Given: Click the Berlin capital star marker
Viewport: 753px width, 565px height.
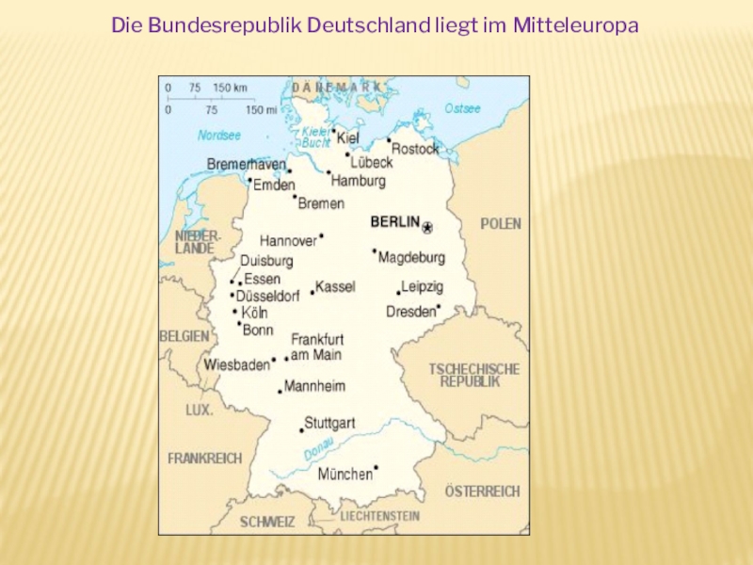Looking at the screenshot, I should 427,228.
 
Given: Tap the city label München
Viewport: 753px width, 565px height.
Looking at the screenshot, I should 344,475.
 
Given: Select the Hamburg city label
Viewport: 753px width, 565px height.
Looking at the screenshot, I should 359,180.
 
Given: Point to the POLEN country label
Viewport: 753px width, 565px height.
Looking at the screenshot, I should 501,224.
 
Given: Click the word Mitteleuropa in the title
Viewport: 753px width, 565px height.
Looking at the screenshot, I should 576,24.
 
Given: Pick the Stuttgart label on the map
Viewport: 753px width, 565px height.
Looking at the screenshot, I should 329,424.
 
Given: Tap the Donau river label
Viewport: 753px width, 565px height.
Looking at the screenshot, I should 319,452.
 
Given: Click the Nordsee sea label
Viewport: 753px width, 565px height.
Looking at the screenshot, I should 219,136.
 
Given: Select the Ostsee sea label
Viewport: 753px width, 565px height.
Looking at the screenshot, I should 462,108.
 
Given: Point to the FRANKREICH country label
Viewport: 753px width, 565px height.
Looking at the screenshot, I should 204,459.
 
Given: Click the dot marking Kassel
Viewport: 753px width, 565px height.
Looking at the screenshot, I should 312,293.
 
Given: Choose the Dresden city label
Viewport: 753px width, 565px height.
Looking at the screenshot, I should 411,312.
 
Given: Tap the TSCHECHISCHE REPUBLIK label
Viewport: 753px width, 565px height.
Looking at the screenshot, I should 473,375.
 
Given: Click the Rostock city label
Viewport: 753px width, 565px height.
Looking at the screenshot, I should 415,149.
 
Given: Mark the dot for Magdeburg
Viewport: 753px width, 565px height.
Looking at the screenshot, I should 375,250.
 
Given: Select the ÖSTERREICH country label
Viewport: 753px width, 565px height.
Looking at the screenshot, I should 482,492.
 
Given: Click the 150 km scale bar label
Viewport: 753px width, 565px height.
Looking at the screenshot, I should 230,88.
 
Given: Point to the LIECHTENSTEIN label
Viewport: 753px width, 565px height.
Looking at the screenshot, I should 380,516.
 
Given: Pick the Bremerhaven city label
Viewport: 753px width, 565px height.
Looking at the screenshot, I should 246,165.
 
